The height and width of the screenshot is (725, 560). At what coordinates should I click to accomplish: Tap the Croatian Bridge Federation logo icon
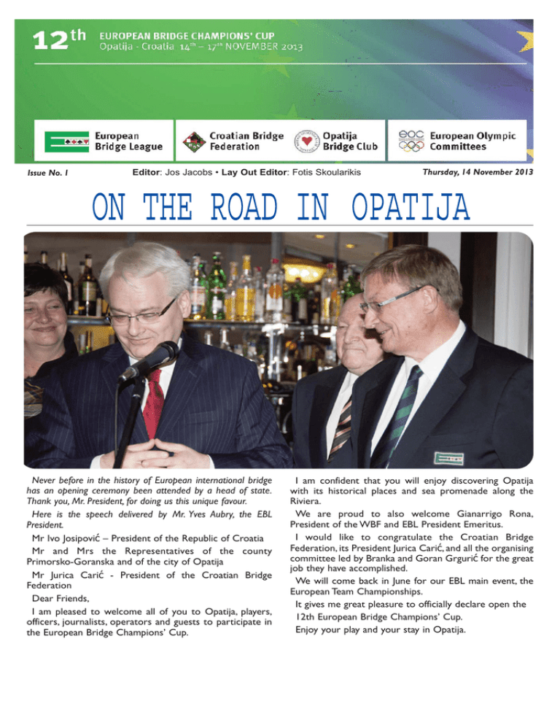193,141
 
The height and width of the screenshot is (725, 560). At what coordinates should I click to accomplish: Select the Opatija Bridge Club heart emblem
306,141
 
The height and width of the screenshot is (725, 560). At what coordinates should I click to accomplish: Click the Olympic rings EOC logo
413,141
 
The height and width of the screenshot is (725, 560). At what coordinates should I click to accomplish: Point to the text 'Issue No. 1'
47,173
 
